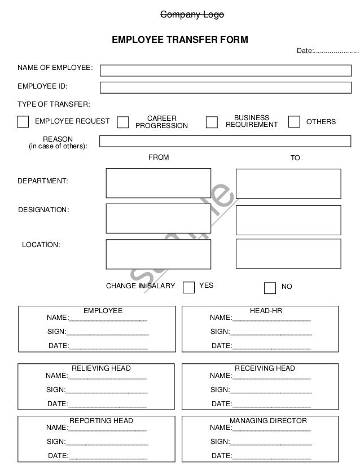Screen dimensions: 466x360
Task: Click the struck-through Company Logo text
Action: [192, 15]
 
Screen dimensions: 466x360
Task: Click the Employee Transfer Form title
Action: [180, 41]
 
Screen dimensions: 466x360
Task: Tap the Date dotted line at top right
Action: [336, 51]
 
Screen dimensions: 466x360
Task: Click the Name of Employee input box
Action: [225, 70]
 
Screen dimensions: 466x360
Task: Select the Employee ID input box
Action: [225, 87]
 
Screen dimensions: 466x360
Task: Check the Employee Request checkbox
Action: [23, 122]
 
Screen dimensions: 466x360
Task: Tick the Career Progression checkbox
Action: [122, 122]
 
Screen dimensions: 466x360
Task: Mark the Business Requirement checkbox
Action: [212, 122]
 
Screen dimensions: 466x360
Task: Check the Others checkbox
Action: [294, 122]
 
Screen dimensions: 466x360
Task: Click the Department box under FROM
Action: [158, 183]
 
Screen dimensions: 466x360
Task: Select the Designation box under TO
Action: [288, 219]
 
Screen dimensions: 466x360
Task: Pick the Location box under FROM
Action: [158, 254]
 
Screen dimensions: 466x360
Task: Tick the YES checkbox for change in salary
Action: [189, 287]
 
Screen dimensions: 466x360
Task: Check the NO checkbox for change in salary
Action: [270, 288]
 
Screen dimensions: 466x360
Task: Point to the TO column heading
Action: [295, 158]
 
